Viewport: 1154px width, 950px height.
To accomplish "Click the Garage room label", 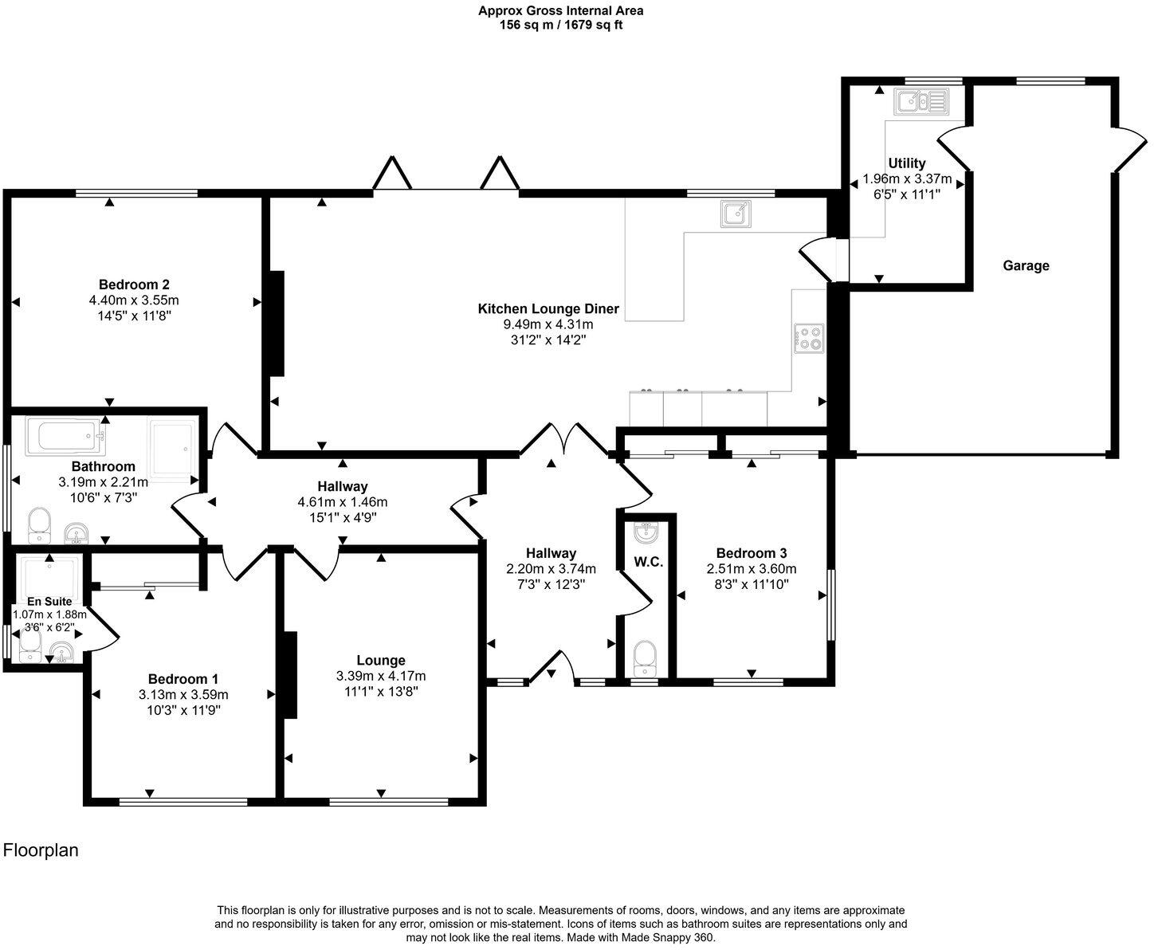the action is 1026,266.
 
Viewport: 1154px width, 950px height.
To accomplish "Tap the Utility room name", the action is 907,163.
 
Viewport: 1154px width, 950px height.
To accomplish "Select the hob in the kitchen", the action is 809,338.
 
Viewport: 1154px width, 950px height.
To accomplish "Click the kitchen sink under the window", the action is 736,214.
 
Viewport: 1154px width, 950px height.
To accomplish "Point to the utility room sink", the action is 921,102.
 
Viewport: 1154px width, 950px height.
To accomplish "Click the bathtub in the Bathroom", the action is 65,437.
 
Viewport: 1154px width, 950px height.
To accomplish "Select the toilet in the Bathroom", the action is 39,525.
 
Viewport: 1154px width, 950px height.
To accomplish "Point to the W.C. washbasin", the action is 646,532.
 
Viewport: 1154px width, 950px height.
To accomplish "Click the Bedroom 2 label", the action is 134,285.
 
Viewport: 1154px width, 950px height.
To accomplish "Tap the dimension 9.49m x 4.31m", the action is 548,324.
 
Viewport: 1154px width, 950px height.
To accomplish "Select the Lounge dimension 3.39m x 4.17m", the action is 381,676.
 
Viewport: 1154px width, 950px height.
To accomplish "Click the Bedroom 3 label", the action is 752,553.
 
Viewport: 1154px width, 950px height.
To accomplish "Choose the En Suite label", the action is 49,602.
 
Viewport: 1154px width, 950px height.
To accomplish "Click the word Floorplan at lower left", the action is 41,850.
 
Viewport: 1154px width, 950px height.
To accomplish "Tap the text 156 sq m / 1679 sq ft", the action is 561,26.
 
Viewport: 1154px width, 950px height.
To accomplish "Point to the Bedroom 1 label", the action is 183,679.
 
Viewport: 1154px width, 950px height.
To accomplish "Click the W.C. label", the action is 649,562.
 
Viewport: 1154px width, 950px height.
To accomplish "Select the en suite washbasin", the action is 61,652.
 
